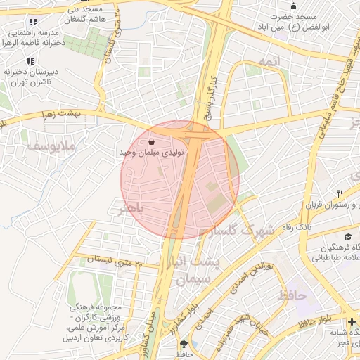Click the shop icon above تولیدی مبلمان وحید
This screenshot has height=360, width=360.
[x=152, y=141]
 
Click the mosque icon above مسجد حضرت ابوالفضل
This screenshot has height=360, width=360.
[x=293, y=6]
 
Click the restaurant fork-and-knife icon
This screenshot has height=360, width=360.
[x=340, y=193]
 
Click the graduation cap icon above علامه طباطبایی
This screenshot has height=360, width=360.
[x=348, y=237]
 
